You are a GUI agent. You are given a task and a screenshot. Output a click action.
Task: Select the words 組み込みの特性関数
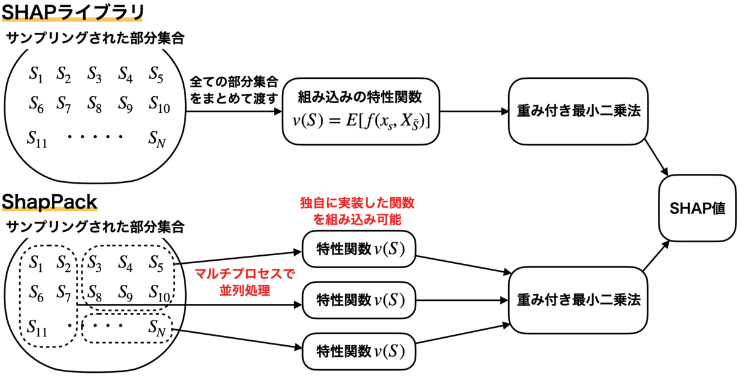point(360,96)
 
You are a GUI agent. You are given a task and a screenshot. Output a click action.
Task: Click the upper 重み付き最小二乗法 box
point(578,112)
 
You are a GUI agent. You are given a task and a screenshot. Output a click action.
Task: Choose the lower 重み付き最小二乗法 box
point(578,300)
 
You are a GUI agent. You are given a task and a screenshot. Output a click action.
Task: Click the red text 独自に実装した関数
point(349,203)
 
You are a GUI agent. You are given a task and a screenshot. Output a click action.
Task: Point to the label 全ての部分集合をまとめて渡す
point(234,89)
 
